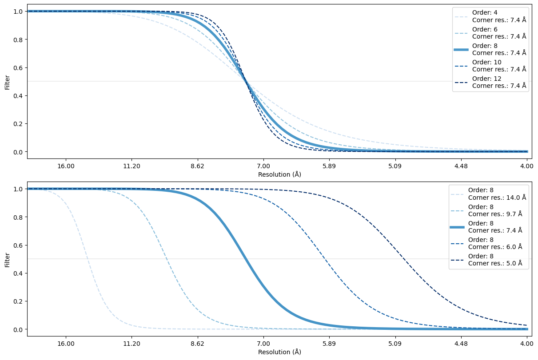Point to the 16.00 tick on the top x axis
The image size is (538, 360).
[66, 166]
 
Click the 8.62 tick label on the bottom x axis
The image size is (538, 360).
[197, 344]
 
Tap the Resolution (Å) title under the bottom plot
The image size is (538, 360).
[279, 352]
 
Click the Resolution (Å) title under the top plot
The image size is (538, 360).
[279, 174]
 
